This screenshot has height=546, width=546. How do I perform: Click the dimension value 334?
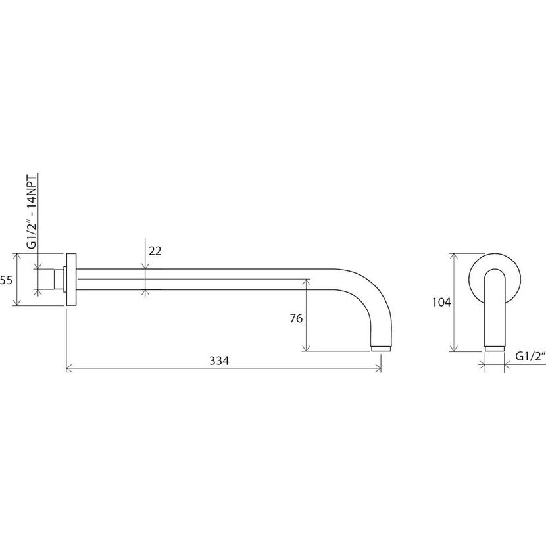point(219,360)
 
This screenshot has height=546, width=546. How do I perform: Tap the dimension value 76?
point(296,318)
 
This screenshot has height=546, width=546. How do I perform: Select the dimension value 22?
point(155,251)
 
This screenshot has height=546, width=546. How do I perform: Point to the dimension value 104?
point(441,302)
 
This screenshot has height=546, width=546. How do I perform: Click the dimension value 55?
point(7,280)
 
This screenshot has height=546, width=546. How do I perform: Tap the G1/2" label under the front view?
point(530,357)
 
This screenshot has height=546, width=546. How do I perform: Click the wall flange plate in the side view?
point(71,280)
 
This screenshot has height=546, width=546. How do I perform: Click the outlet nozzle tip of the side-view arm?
point(381,348)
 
